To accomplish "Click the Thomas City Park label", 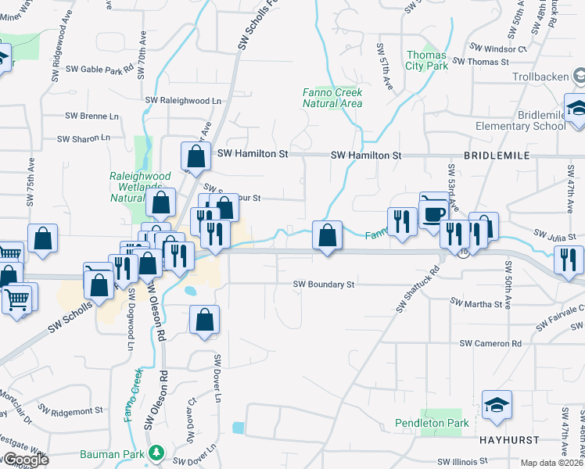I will (x=427, y=60).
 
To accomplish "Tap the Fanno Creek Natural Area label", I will (x=332, y=98).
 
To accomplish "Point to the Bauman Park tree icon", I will (x=156, y=453).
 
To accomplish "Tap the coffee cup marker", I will (x=435, y=212).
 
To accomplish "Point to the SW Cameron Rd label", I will (x=490, y=343).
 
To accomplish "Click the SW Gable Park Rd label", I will (x=99, y=69).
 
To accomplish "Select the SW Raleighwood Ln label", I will (x=184, y=100).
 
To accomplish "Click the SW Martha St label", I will (x=476, y=303).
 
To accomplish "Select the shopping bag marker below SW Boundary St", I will (x=204, y=320).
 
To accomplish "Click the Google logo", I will (x=25, y=460).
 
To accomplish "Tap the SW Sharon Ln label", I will (x=84, y=138).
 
